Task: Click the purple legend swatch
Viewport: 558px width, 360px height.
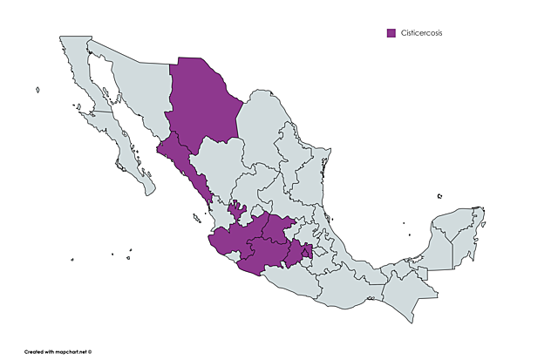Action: (391, 33)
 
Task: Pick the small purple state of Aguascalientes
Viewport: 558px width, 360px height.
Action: (236, 210)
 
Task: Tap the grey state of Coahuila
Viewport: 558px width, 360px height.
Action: (262, 131)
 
